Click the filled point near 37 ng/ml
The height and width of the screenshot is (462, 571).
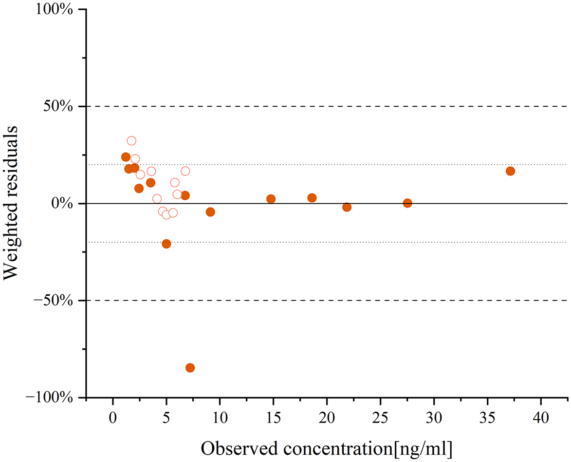pyautogui.click(x=510, y=171)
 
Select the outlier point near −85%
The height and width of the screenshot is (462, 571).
pyautogui.click(x=190, y=368)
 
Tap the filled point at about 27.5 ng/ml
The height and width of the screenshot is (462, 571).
pyautogui.click(x=407, y=203)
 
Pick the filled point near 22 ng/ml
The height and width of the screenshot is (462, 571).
pyautogui.click(x=347, y=207)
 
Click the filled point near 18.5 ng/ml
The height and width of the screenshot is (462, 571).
pyautogui.click(x=312, y=198)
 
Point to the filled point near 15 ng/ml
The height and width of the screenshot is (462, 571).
pyautogui.click(x=271, y=199)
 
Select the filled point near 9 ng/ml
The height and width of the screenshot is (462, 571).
pyautogui.click(x=210, y=212)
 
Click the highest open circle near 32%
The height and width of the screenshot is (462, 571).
pyautogui.click(x=131, y=141)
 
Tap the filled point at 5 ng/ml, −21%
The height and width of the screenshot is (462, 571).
pyautogui.click(x=166, y=244)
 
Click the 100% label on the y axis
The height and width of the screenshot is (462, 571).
pyautogui.click(x=54, y=9)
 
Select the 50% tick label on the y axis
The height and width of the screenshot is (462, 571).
pyautogui.click(x=58, y=106)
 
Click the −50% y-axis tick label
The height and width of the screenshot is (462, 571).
pyautogui.click(x=54, y=301)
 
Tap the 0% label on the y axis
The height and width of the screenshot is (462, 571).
pyautogui.click(x=62, y=204)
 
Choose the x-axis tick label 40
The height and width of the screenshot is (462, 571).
pyautogui.click(x=541, y=418)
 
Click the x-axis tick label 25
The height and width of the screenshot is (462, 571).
pyautogui.click(x=380, y=418)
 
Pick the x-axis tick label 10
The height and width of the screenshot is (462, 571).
pyautogui.click(x=220, y=418)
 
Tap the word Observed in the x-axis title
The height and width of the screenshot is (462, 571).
pyautogui.click(x=239, y=448)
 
